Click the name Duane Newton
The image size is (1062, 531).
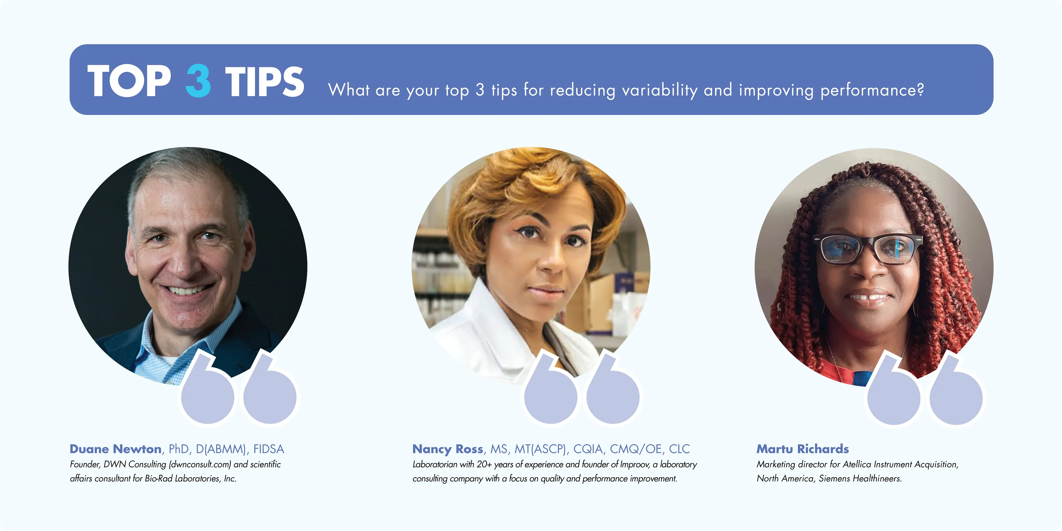[116, 449]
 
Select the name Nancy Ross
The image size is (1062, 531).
[448, 449]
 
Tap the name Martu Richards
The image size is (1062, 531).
[802, 449]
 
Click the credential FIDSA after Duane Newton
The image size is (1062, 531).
[268, 449]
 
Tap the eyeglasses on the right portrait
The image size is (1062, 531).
[867, 249]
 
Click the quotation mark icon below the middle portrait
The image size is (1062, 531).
[581, 390]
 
